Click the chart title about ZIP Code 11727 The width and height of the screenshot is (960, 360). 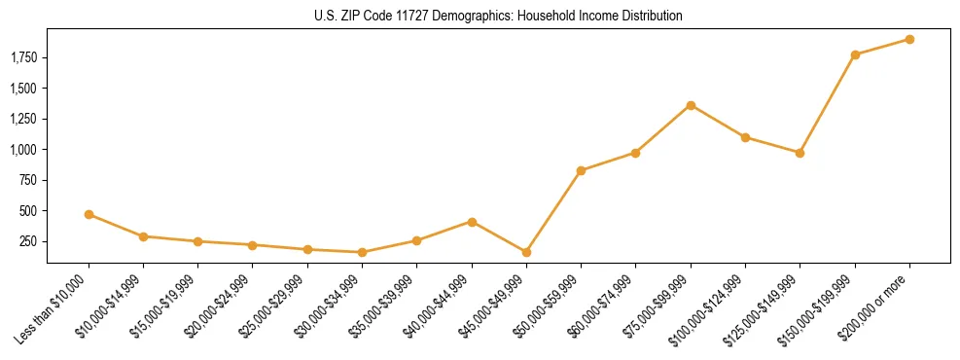(497, 17)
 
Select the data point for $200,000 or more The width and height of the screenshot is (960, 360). (909, 40)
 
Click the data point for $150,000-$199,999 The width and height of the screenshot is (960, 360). (855, 54)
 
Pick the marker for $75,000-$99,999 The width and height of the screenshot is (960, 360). (691, 105)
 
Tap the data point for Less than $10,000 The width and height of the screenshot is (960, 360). (89, 214)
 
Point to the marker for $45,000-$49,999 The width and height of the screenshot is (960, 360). (526, 252)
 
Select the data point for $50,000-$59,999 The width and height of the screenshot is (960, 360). (581, 170)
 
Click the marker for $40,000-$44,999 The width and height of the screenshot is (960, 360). (472, 222)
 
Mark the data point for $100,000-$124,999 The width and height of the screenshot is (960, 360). (745, 137)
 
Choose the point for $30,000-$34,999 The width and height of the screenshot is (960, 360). (362, 253)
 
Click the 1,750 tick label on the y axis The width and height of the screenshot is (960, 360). (22, 58)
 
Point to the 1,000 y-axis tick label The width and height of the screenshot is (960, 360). (22, 150)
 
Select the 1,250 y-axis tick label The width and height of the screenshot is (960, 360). (22, 120)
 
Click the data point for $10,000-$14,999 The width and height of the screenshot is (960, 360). (143, 236)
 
